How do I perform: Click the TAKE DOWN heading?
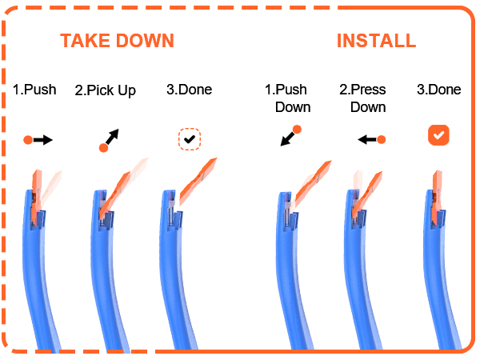117,41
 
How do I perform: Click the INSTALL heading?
376,41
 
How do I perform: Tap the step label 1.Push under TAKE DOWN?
34,90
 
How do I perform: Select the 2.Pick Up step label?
105,90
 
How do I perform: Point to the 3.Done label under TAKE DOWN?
189,90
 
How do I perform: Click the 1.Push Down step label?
287,98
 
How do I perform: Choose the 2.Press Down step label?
362,98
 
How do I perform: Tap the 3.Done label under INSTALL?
438,90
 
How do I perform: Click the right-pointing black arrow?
43,140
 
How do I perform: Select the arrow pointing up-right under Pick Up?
112,137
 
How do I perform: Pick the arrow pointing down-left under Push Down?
287,139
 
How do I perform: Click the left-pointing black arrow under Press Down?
367,140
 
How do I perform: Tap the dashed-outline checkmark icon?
190,139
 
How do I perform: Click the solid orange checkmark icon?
438,135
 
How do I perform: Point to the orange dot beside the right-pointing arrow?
28,140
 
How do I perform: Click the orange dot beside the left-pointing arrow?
381,140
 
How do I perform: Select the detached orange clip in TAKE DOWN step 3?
198,181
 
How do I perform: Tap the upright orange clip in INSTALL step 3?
437,198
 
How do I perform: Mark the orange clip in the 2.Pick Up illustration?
114,196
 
